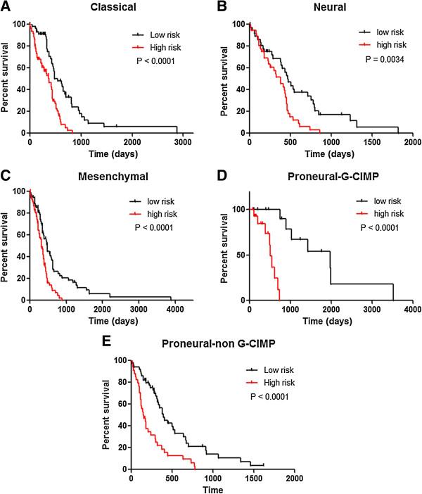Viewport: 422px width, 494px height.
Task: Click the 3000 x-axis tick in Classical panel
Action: tap(183, 142)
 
